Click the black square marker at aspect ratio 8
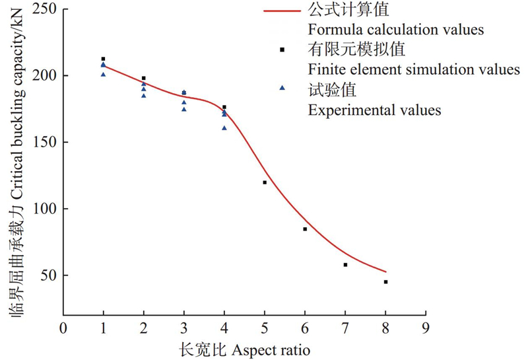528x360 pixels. (x=385, y=282)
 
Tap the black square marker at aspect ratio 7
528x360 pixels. (x=345, y=265)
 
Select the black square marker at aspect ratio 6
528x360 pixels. (x=305, y=229)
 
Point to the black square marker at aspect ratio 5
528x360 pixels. (x=265, y=182)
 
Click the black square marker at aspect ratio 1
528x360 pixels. (x=103, y=59)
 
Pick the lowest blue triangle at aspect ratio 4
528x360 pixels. (x=224, y=128)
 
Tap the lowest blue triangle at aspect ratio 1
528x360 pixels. (x=103, y=75)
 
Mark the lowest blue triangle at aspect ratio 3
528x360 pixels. (x=184, y=109)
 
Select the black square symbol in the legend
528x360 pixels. (x=282, y=50)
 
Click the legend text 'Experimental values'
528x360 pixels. (x=374, y=109)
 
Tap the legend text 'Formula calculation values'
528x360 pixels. (x=396, y=30)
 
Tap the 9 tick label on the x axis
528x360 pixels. (x=426, y=326)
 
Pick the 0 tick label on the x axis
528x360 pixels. (x=63, y=326)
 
